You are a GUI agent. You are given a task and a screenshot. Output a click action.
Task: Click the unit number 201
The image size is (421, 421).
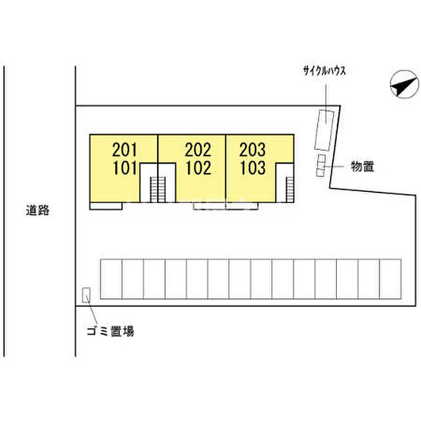tap(124, 150)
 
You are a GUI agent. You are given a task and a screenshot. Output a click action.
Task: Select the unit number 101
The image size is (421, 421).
tap(125, 168)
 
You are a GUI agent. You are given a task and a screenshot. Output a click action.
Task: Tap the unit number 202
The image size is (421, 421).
tap(198, 150)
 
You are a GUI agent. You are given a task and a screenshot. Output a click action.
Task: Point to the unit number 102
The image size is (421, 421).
tap(198, 168)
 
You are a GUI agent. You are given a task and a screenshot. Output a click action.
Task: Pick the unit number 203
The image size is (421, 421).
tap(253, 150)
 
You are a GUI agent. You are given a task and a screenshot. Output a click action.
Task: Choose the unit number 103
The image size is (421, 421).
tap(253, 168)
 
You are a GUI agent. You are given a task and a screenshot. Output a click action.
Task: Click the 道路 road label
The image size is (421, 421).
tap(37, 210)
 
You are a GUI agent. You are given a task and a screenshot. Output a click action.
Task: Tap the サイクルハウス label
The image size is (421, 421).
tap(324, 71)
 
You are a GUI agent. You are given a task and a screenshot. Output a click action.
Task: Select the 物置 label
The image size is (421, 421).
tap(363, 167)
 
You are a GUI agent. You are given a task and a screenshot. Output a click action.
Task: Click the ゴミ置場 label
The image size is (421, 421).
tap(110, 331)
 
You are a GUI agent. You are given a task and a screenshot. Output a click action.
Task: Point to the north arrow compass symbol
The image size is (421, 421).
tap(404, 84)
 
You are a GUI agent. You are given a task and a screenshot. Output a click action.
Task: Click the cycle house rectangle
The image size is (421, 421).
tap(324, 130)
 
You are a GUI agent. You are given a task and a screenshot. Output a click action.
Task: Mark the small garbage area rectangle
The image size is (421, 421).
tap(86, 295)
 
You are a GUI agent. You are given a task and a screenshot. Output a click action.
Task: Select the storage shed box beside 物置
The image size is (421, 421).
tap(321, 165)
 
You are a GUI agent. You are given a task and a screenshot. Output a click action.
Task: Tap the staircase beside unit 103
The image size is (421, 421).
tap(290, 189)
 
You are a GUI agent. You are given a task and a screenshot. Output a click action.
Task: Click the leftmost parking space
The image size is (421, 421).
tap(111, 279)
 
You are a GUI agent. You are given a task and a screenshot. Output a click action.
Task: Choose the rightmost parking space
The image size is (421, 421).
tap(390, 279)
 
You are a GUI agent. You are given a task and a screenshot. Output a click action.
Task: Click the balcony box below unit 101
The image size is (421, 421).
tap(106, 206)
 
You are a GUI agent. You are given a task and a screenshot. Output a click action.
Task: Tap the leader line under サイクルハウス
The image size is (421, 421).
tap(326, 103)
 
